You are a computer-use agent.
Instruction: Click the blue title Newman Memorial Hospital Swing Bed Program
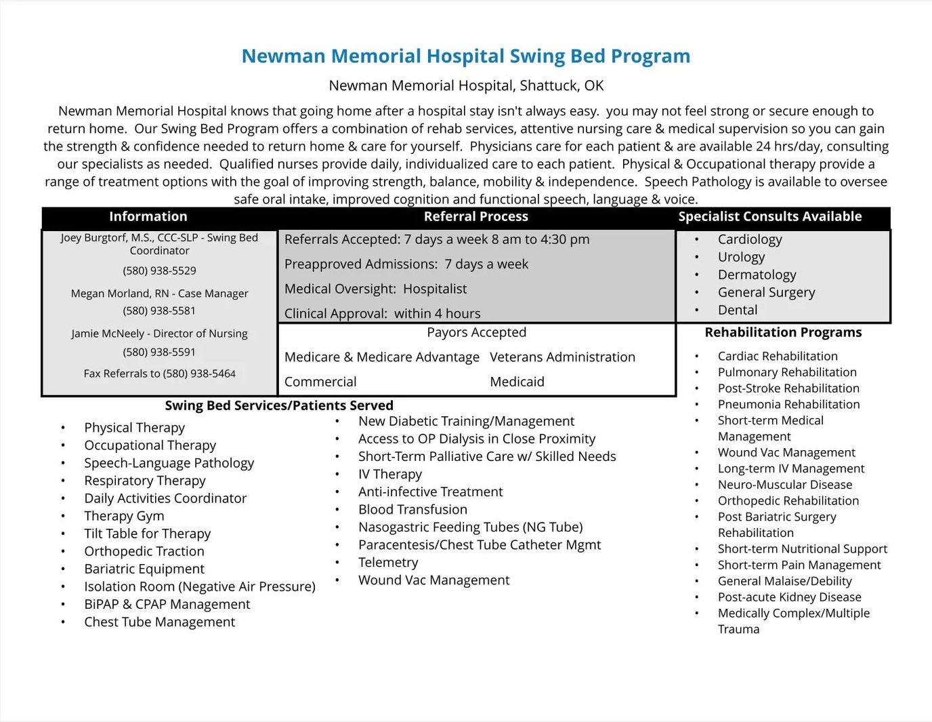(466, 56)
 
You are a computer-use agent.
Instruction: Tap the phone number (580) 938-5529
(159, 270)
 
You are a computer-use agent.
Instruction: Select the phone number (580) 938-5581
(159, 310)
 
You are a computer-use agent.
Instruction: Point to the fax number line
(159, 374)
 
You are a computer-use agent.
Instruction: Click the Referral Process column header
(475, 217)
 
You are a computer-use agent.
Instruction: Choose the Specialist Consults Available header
(769, 217)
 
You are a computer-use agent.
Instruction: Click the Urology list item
(741, 257)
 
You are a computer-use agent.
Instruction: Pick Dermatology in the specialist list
(757, 275)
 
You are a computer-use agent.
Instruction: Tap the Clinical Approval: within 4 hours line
(382, 313)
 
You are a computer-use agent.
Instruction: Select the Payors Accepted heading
(476, 332)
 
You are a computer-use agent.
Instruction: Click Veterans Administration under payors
(562, 357)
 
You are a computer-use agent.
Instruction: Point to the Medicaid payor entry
(517, 382)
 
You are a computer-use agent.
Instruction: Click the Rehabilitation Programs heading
(783, 332)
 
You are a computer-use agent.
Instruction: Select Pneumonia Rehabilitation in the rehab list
(788, 404)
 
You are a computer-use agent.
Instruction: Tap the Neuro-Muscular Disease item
(784, 485)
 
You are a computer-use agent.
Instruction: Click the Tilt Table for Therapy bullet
(147, 534)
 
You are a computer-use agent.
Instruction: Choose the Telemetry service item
(388, 562)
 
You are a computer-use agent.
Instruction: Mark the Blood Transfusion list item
(412, 509)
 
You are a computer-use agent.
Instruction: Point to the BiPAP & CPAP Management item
(167, 604)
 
